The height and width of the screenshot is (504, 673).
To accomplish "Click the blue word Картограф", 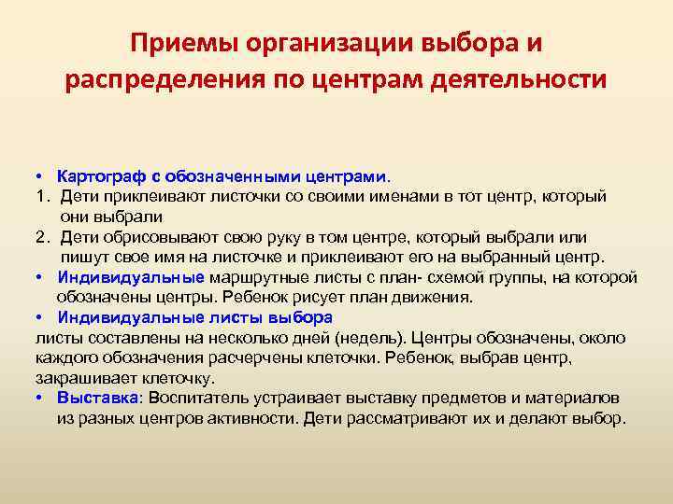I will [x=97, y=176].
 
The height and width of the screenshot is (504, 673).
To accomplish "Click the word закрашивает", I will [x=79, y=379].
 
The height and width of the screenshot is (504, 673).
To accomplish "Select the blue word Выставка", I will [x=97, y=398].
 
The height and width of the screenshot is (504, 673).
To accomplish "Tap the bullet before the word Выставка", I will [x=40, y=398].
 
